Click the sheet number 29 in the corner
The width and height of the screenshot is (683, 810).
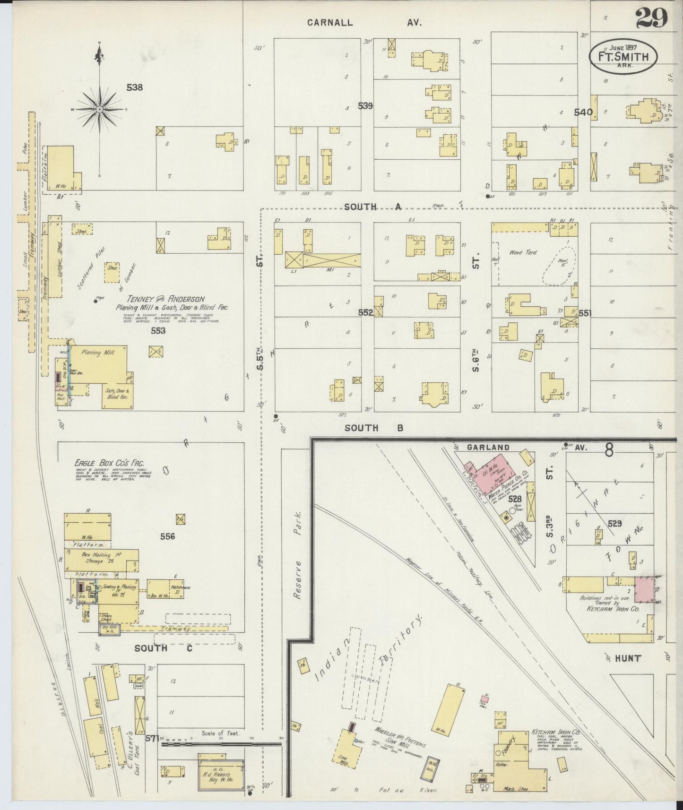[x=651, y=18]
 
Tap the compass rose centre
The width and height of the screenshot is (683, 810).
[x=100, y=110]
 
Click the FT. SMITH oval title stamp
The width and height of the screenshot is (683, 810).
[x=622, y=57]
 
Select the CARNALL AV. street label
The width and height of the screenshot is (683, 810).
[x=364, y=22]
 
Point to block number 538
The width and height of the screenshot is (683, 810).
[x=135, y=87]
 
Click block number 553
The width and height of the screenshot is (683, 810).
[x=158, y=331]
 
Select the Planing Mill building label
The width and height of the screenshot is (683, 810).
[x=97, y=353]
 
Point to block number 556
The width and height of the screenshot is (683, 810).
[x=167, y=536]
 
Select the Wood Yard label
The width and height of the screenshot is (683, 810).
[x=523, y=252]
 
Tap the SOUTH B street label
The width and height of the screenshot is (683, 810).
[x=374, y=428]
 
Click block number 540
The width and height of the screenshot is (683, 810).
[x=583, y=112]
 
